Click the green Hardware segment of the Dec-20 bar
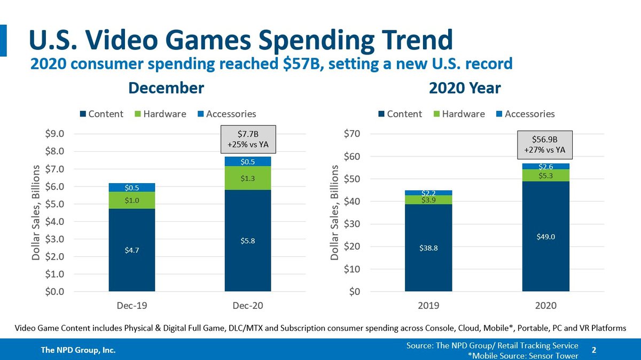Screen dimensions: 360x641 point(248,178)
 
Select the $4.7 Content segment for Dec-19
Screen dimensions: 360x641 point(132,250)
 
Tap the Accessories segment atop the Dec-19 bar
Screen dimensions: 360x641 point(132,187)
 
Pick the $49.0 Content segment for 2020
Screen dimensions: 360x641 point(545,237)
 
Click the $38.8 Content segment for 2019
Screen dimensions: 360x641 point(428,248)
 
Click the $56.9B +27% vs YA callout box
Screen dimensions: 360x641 point(545,145)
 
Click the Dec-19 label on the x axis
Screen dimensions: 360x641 point(132,306)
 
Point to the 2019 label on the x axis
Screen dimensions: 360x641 point(428,306)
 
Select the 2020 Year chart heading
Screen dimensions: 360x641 point(465,88)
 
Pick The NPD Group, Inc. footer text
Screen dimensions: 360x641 point(79,350)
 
